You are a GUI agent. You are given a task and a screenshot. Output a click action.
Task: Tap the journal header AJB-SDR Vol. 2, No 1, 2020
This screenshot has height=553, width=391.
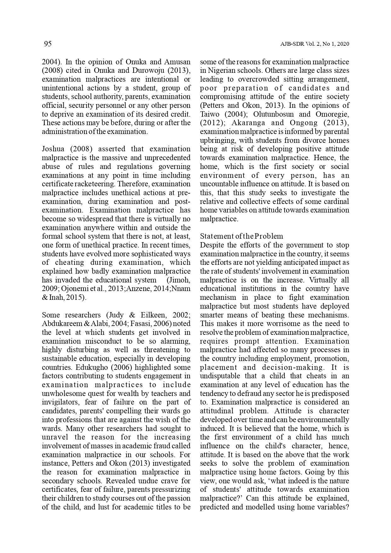(x=314, y=44)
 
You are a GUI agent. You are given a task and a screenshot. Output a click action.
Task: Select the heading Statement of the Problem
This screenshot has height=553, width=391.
(x=241, y=236)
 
